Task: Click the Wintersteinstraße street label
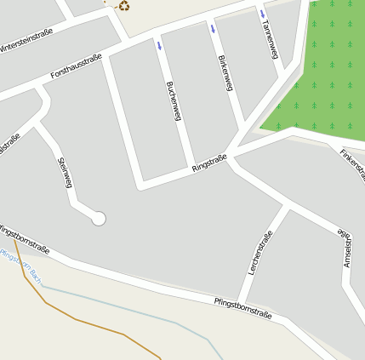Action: (x=26, y=39)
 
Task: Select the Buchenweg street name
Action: (x=174, y=100)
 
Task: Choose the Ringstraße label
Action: (x=209, y=163)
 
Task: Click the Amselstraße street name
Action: (x=346, y=248)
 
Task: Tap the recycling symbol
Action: (x=123, y=5)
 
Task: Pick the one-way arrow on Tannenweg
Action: (x=263, y=14)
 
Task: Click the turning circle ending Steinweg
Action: (x=98, y=219)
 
